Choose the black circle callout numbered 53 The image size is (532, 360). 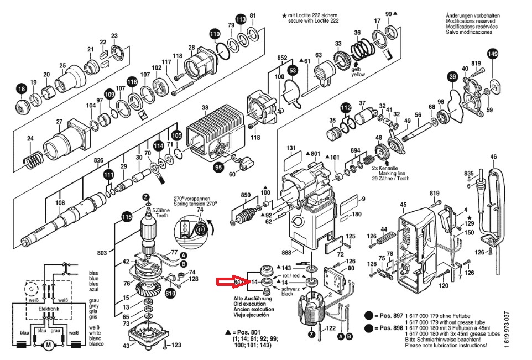[293, 70]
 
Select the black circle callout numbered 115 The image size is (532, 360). [127, 217]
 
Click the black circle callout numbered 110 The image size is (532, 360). [215, 34]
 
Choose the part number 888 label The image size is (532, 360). [286, 253]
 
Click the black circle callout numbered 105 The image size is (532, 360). [176, 134]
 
